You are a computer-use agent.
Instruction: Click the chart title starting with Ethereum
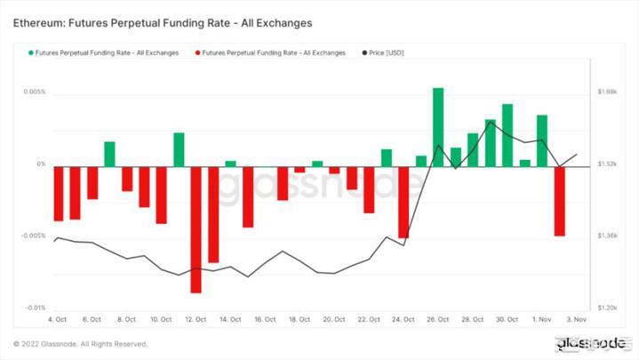(163, 20)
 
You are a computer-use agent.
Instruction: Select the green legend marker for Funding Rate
(31, 53)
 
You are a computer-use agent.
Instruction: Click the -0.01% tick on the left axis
(34, 308)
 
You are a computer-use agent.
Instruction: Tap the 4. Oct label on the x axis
(58, 319)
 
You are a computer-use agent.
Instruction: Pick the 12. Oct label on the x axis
(196, 319)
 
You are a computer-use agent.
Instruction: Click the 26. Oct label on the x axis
(438, 319)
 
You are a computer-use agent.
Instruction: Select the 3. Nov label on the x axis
(576, 319)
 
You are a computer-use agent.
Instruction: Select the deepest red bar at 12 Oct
(196, 229)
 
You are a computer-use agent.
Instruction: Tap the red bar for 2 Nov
(559, 201)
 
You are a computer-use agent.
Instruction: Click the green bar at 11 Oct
(179, 149)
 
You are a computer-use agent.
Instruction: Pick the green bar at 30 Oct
(507, 135)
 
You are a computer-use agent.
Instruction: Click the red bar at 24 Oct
(403, 201)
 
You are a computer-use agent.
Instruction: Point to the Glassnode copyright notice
(80, 344)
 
